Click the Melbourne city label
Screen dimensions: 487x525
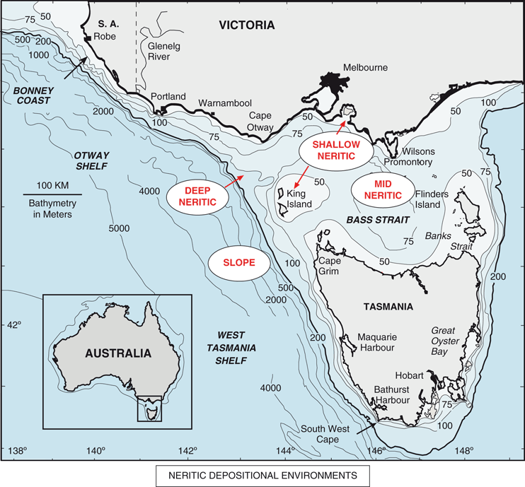[366, 67]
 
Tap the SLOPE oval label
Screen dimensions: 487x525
[241, 263]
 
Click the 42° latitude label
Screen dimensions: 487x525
[13, 324]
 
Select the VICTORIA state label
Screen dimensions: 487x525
[246, 25]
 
